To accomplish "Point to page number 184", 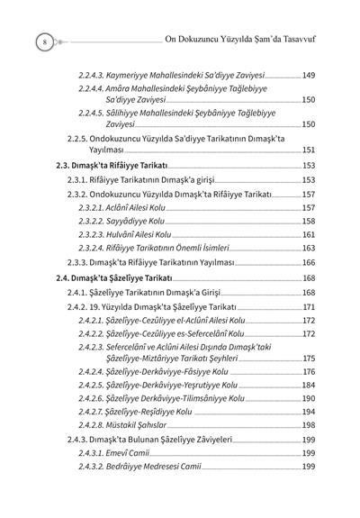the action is click(308, 385).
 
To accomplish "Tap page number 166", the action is click(308, 262).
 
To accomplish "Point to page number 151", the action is click(308, 150).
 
